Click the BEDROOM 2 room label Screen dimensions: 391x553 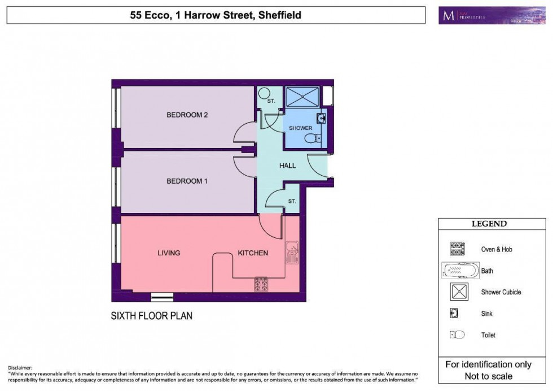click(x=187, y=115)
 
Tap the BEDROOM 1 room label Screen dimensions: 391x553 click(x=187, y=181)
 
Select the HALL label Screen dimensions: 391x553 click(x=288, y=166)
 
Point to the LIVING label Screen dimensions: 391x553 click(x=169, y=253)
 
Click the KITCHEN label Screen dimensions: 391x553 click(x=252, y=253)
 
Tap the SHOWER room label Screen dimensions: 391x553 click(x=300, y=128)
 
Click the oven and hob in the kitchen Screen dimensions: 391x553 click(x=261, y=284)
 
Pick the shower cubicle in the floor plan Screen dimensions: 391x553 click(x=302, y=97)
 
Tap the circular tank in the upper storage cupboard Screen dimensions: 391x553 click(x=264, y=93)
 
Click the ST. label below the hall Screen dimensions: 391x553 click(x=292, y=201)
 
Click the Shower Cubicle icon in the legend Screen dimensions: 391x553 click(x=458, y=292)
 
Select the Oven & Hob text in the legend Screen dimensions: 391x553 click(x=497, y=249)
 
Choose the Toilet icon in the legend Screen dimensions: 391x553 click(x=457, y=335)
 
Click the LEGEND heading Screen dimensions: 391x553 click(x=489, y=224)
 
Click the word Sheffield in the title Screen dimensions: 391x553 click(x=279, y=15)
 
